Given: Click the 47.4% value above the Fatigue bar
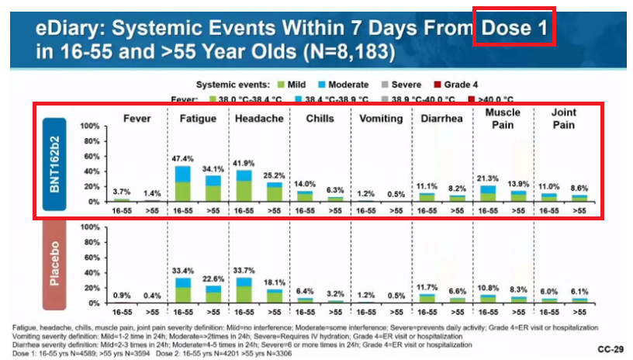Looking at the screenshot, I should coord(182,158).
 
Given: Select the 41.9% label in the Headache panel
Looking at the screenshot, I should coord(244,163).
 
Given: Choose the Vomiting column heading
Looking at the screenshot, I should coord(381,119).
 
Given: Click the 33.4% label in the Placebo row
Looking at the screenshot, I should coord(182,272).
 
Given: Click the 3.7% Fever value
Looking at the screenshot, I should coord(121,191).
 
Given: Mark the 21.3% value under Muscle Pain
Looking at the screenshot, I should coord(489,178).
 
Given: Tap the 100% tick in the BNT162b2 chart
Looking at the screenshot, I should coord(88,126).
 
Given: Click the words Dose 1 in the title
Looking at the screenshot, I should coord(515,29).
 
